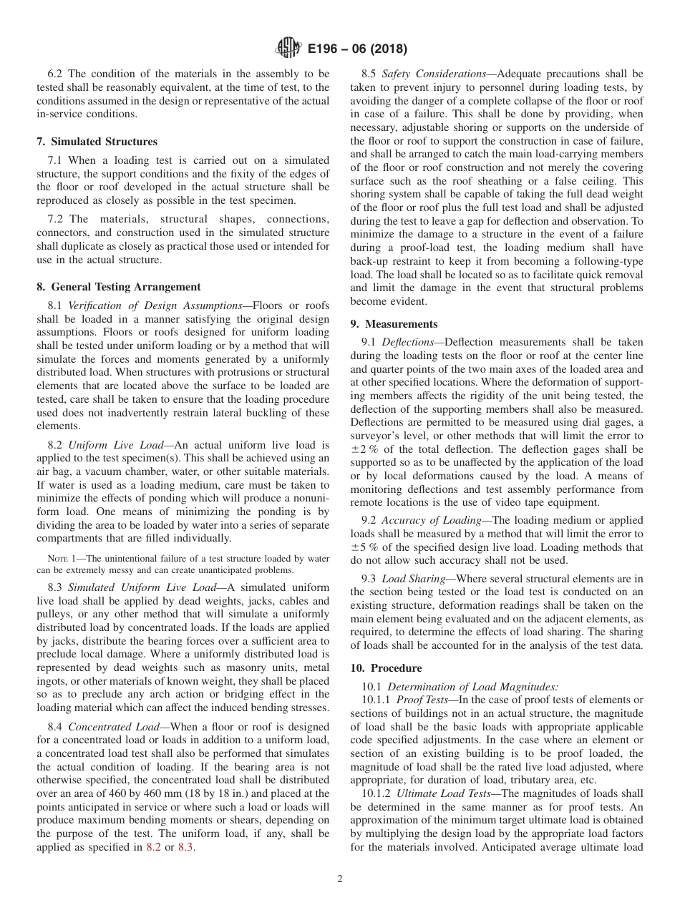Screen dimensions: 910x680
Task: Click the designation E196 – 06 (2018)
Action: coord(357,49)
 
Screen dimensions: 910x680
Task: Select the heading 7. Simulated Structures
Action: coord(97,142)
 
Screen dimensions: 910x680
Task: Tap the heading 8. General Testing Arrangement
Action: coord(118,287)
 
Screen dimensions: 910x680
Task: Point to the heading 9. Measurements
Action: coord(394,324)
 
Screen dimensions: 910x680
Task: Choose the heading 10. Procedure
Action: coord(386,667)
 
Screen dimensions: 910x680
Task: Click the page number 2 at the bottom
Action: coord(340,879)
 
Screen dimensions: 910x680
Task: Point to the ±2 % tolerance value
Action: coord(366,449)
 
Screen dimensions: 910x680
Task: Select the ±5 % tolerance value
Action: coord(366,547)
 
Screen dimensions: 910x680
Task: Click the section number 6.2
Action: coord(56,74)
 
